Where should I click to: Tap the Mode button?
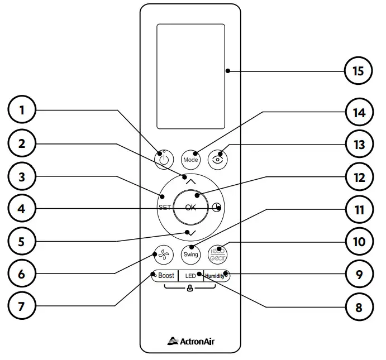(190, 159)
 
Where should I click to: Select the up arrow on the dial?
(190, 181)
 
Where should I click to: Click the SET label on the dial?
(164, 207)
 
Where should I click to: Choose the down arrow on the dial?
(190, 232)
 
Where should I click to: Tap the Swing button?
(190, 254)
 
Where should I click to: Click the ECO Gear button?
(217, 254)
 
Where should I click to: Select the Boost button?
(165, 276)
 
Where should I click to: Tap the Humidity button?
(216, 276)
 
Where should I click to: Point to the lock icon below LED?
(190, 289)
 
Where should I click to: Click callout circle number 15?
(358, 71)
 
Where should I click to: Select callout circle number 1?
(22, 110)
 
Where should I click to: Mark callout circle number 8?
(358, 306)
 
